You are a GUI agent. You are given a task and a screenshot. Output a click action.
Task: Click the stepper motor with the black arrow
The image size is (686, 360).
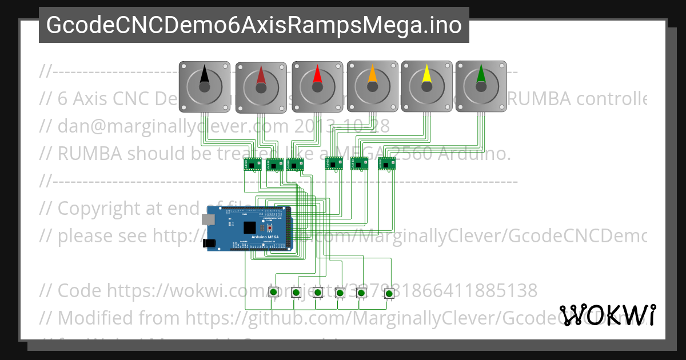[x=204, y=86]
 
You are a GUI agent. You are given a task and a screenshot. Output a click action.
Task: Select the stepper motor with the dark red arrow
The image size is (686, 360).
[x=261, y=87]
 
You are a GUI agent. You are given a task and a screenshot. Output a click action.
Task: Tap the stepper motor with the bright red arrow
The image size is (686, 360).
[x=317, y=86]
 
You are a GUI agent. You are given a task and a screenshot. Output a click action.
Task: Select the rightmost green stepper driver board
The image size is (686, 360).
[x=386, y=163]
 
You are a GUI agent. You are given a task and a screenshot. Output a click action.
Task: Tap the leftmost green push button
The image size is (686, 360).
[x=274, y=292]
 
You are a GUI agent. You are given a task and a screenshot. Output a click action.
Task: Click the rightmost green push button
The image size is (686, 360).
[x=389, y=294]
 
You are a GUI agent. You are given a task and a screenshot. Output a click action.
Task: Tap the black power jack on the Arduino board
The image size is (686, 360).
[x=210, y=243]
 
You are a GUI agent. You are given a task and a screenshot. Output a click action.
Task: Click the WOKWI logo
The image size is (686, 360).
[x=608, y=315]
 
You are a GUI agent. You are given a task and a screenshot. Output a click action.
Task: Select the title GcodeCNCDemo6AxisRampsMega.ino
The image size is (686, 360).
[x=254, y=25]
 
